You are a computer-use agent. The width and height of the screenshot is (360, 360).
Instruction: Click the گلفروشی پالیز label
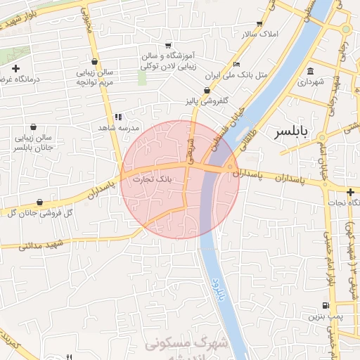(x=205, y=101)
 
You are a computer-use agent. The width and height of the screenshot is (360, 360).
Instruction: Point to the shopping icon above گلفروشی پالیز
(x=206, y=90)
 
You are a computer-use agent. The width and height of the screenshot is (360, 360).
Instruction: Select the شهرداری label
(x=313, y=82)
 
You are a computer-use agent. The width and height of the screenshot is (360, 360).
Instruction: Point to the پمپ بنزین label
(x=323, y=316)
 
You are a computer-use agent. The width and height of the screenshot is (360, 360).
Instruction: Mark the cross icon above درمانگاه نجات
(x=350, y=191)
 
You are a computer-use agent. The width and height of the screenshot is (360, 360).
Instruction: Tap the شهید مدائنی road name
(x=42, y=245)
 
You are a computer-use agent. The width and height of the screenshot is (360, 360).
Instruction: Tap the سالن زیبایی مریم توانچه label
(x=94, y=77)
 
